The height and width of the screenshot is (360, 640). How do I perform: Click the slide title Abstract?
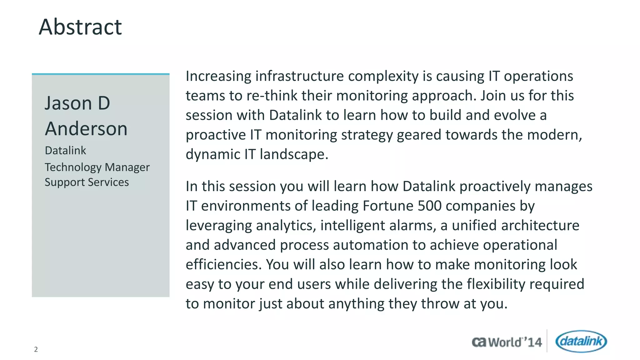point(80,27)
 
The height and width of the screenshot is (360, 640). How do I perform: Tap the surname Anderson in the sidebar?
point(86,129)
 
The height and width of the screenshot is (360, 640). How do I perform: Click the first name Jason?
point(68,103)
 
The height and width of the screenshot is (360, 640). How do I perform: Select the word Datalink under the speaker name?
point(65,151)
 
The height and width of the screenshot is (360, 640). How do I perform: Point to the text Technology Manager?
point(97,167)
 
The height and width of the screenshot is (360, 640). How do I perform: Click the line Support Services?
point(87,182)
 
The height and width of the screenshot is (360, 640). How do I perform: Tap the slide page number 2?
point(36,349)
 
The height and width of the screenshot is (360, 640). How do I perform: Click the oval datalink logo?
point(581,341)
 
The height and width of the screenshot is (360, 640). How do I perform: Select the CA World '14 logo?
point(507,342)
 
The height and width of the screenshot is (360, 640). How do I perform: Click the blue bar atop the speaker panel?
point(101,74)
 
